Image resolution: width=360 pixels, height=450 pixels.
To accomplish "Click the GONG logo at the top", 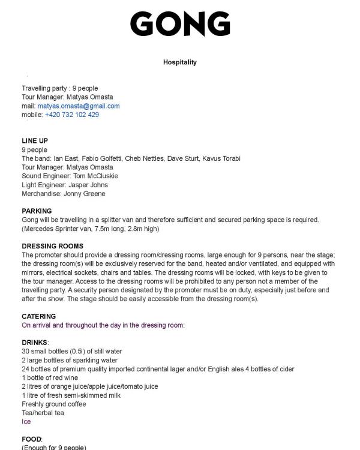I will (x=180, y=24).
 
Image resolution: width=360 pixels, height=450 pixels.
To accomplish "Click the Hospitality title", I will (x=180, y=62).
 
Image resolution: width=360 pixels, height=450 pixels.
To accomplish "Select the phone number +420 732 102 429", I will (x=72, y=115).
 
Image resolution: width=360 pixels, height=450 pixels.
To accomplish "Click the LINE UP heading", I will (x=35, y=141).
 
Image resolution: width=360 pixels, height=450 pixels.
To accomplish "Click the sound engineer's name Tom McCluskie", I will (x=95, y=176).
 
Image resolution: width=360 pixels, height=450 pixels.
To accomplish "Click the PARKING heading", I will (x=37, y=211).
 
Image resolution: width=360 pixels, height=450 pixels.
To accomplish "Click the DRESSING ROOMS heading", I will (x=52, y=246).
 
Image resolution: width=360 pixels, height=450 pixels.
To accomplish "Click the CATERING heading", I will (x=38, y=316).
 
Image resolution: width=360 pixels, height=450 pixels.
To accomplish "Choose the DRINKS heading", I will (x=35, y=343).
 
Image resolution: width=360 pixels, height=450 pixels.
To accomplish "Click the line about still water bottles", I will (x=72, y=351).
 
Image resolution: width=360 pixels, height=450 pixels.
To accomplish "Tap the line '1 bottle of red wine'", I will (x=50, y=378).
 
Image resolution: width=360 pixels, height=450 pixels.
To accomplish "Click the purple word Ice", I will (x=26, y=422).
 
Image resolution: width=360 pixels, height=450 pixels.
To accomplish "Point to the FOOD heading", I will (x=32, y=439).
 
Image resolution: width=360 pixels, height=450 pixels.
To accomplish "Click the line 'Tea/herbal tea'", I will (x=43, y=413).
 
